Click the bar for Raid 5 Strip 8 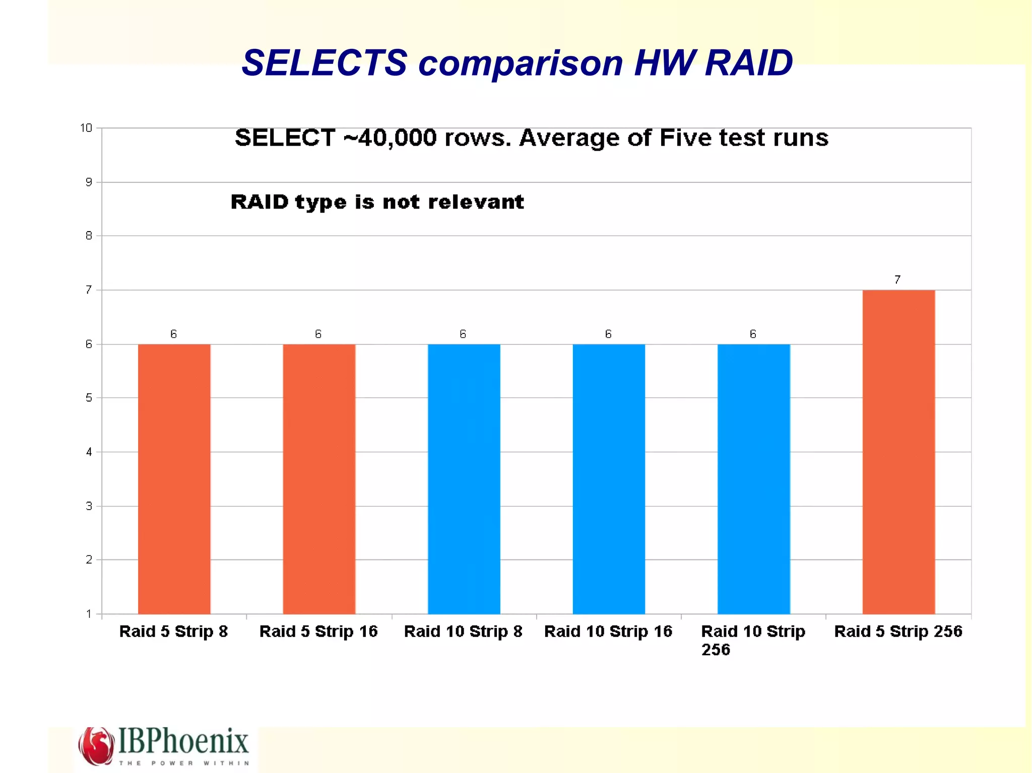(174, 478)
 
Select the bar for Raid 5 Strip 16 (318, 478)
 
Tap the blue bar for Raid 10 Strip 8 (464, 478)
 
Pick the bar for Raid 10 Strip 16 (609, 478)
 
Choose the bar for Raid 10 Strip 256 (753, 478)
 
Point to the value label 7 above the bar (897, 280)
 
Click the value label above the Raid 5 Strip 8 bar (173, 334)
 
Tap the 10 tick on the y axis (86, 128)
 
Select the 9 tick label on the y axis (89, 182)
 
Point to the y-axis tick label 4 (89, 452)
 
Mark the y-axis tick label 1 (89, 614)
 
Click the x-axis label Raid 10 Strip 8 (463, 631)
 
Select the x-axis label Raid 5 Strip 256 (898, 631)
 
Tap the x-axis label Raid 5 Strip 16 (318, 631)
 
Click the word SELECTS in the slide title (324, 63)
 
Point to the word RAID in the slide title (749, 63)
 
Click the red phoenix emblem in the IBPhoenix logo (96, 745)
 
